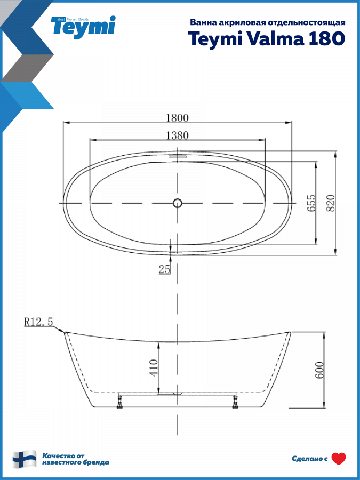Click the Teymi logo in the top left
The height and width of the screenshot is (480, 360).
(x=83, y=27)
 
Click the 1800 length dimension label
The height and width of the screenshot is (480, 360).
(x=177, y=117)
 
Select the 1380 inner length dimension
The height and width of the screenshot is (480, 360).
(x=177, y=135)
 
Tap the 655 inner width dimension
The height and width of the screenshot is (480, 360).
(x=311, y=203)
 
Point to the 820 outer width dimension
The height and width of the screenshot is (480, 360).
(x=331, y=203)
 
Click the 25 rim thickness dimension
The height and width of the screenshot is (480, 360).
(x=164, y=269)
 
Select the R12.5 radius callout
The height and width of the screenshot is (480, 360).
(x=38, y=322)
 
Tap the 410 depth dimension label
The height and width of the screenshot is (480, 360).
(x=154, y=367)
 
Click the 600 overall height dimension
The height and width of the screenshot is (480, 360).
(x=319, y=370)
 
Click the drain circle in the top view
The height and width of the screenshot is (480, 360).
(x=177, y=203)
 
